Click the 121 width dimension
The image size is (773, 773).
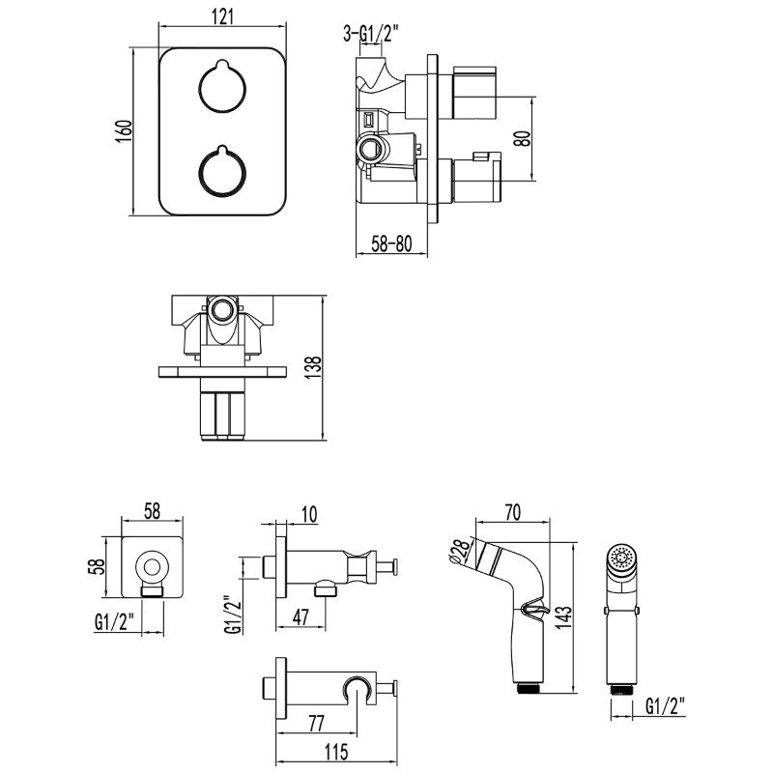pos(222,17)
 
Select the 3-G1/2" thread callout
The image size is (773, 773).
pos(369,37)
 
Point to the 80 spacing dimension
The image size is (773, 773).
pos(522,137)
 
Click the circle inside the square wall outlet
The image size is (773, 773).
pos(152,567)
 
